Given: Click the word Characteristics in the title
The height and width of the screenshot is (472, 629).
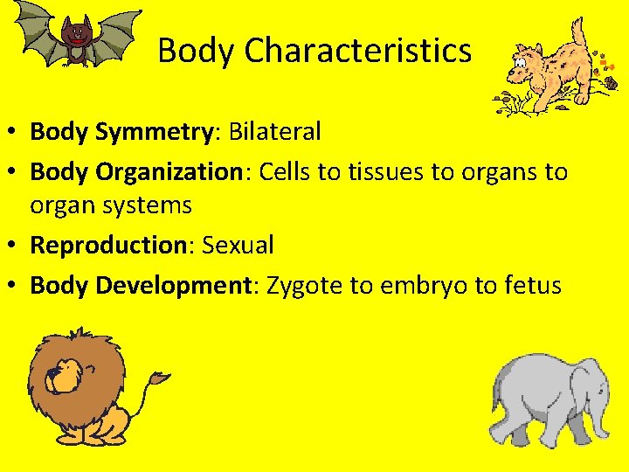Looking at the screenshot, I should (x=358, y=51).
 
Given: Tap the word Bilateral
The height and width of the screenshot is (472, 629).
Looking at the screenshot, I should (x=275, y=132).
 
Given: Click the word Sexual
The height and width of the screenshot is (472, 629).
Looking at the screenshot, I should (x=238, y=245).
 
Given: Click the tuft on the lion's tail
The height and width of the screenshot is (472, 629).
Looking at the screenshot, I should (x=160, y=378).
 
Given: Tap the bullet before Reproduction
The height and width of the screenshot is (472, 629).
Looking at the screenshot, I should (x=17, y=246).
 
